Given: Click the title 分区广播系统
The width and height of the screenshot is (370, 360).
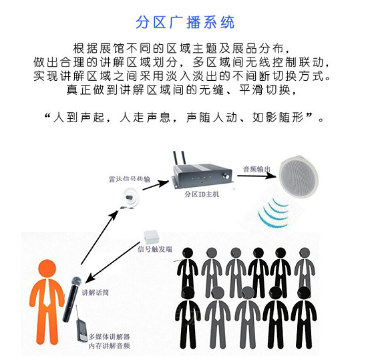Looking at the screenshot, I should (x=185, y=21).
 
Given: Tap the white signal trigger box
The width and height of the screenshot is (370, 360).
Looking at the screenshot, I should (x=151, y=237).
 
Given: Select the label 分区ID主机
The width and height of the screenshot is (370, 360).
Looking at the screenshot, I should (x=201, y=196).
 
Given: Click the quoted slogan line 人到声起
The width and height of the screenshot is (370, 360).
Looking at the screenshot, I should (x=185, y=118).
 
